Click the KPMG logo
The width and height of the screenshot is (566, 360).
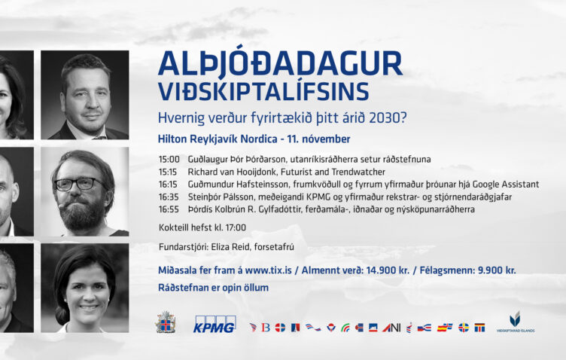click(215, 324)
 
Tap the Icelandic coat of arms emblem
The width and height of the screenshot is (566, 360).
click(166, 322)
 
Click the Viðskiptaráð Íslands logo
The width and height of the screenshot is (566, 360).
click(515, 322)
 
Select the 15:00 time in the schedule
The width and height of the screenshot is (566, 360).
click(169, 159)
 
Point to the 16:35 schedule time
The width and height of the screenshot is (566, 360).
click(169, 197)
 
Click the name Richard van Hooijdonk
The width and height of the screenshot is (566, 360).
click(231, 172)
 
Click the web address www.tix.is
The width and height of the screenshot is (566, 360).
click(268, 270)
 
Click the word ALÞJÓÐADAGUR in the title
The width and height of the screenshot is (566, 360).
click(280, 63)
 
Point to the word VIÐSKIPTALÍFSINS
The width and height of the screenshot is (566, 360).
click(263, 91)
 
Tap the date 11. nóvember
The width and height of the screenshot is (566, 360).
click(318, 139)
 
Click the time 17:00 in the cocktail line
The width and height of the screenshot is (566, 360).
click(236, 227)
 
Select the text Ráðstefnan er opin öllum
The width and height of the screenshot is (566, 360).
click(213, 288)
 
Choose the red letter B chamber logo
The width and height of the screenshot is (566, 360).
click(266, 328)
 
